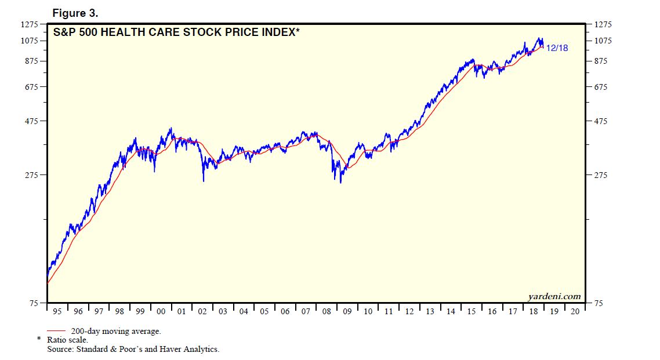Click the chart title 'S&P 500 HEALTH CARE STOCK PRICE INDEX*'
click(x=176, y=32)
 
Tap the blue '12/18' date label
click(x=557, y=48)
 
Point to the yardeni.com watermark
click(x=554, y=296)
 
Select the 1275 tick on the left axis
click(x=29, y=24)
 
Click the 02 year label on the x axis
click(x=202, y=311)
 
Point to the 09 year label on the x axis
click(x=347, y=311)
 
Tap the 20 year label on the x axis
click(x=575, y=311)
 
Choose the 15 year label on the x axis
click(x=471, y=311)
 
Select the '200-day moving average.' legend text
click(x=116, y=331)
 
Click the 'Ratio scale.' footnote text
click(x=67, y=340)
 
